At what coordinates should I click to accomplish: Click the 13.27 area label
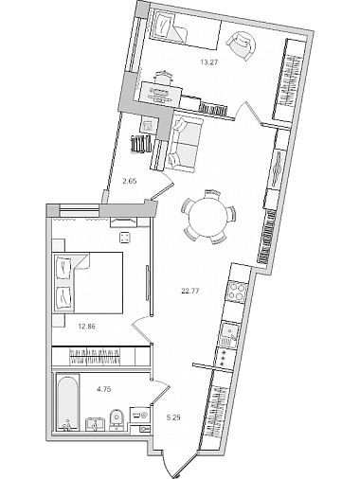coord(209,62)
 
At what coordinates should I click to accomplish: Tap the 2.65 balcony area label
coord(129,181)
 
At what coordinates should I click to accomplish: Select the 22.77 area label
coord(189,292)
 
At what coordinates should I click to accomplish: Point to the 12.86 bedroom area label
coord(86,327)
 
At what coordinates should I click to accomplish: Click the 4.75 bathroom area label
coord(104,389)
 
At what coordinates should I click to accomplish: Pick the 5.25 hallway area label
coord(173,417)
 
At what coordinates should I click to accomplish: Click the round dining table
coord(208,217)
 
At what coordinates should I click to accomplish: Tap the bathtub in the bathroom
coord(66,401)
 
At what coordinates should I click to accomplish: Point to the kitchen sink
coord(229,332)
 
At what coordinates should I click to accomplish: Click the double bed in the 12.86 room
coord(88,282)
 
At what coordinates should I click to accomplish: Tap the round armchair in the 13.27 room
coord(243,44)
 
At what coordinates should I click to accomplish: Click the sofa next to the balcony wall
coord(185,144)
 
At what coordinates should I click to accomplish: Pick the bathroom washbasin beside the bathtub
coord(96,423)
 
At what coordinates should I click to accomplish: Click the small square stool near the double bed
coord(125,238)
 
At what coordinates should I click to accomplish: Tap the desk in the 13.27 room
coord(161,93)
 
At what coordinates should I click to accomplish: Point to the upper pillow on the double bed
coord(63,266)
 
